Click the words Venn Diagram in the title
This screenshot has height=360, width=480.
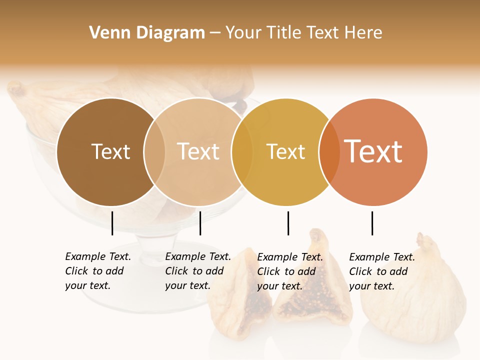pos(147,33)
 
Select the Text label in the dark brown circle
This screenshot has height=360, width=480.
pos(110,151)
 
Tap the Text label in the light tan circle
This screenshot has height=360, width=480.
pos(198,151)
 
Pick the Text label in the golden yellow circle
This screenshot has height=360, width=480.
pos(285,151)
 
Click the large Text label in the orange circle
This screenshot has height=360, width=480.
pos(373,151)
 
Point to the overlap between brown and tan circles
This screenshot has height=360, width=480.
pos(154,152)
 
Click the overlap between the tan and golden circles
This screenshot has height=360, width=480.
pos(242,152)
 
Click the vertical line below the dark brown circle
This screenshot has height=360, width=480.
pos(112,223)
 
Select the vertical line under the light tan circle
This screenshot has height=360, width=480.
pos(200,223)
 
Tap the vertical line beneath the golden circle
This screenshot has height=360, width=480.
pos(288,223)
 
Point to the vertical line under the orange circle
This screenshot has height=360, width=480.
pos(372,223)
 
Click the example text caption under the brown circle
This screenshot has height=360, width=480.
pos(98,271)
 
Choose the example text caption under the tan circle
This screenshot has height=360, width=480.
pos(198,271)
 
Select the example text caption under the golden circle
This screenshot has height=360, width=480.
pos(290,271)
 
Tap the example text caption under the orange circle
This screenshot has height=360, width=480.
pos(382,271)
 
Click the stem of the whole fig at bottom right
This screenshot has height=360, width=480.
pos(425,242)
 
